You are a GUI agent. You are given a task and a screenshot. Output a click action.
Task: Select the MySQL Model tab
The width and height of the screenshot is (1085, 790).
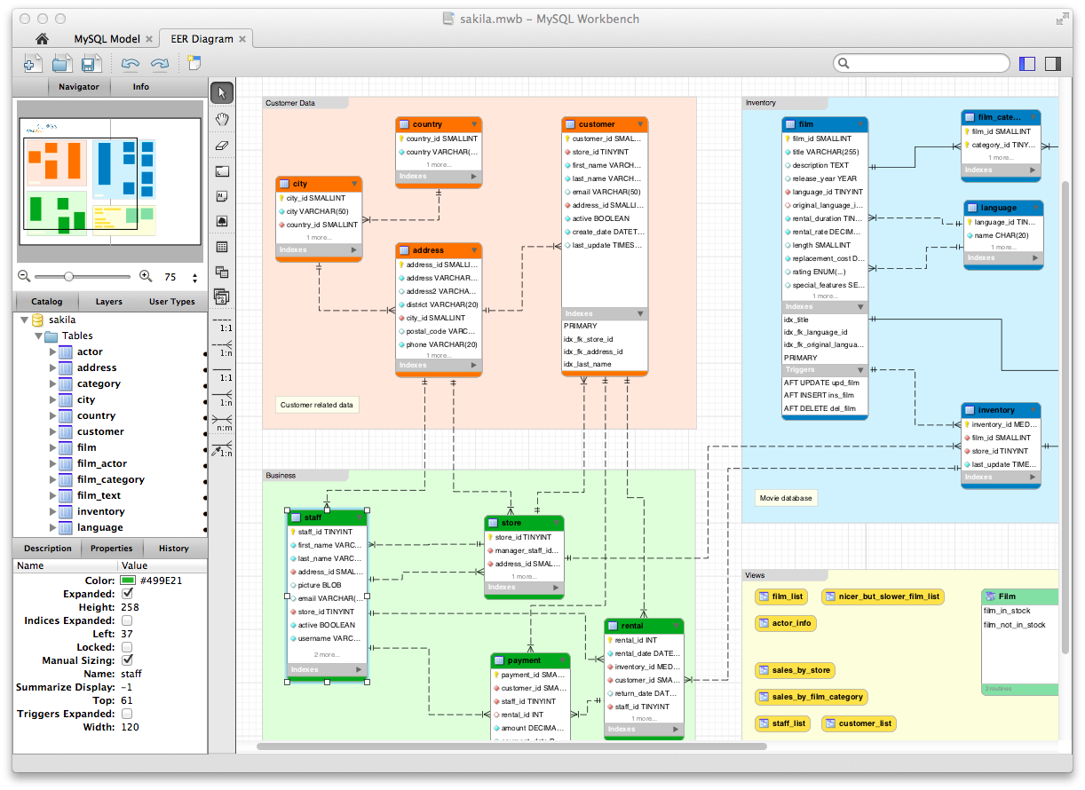107,39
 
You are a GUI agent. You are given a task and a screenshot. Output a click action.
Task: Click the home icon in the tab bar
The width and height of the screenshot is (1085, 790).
41,39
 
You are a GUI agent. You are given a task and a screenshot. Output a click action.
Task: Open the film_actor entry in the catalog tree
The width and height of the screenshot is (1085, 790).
101,463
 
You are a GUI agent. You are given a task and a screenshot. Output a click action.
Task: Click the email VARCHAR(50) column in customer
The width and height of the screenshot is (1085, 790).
606,192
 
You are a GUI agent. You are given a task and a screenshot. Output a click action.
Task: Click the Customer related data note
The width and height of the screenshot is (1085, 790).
317,405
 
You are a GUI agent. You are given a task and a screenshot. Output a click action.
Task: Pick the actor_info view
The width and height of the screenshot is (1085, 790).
786,623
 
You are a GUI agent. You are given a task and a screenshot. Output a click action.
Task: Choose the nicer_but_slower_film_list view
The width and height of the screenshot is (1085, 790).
883,596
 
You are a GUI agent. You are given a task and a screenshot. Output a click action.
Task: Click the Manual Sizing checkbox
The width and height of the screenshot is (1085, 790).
127,660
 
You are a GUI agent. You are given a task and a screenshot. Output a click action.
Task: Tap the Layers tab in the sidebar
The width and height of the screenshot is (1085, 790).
109,302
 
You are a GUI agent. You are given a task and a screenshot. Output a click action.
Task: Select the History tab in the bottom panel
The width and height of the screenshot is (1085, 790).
173,549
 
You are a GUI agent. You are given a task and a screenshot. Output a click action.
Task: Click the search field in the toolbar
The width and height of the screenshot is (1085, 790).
923,63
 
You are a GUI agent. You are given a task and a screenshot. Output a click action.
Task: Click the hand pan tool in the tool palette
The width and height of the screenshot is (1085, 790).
222,119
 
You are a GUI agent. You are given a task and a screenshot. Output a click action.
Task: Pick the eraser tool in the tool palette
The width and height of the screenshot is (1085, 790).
222,145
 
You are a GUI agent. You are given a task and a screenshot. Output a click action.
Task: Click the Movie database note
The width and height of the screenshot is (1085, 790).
786,498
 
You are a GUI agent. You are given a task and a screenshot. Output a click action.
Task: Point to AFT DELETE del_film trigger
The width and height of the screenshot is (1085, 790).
820,408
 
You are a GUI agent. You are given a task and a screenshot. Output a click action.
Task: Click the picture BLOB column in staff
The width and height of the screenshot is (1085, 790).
320,585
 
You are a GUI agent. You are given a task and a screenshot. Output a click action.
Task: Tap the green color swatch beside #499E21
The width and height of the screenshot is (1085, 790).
127,581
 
